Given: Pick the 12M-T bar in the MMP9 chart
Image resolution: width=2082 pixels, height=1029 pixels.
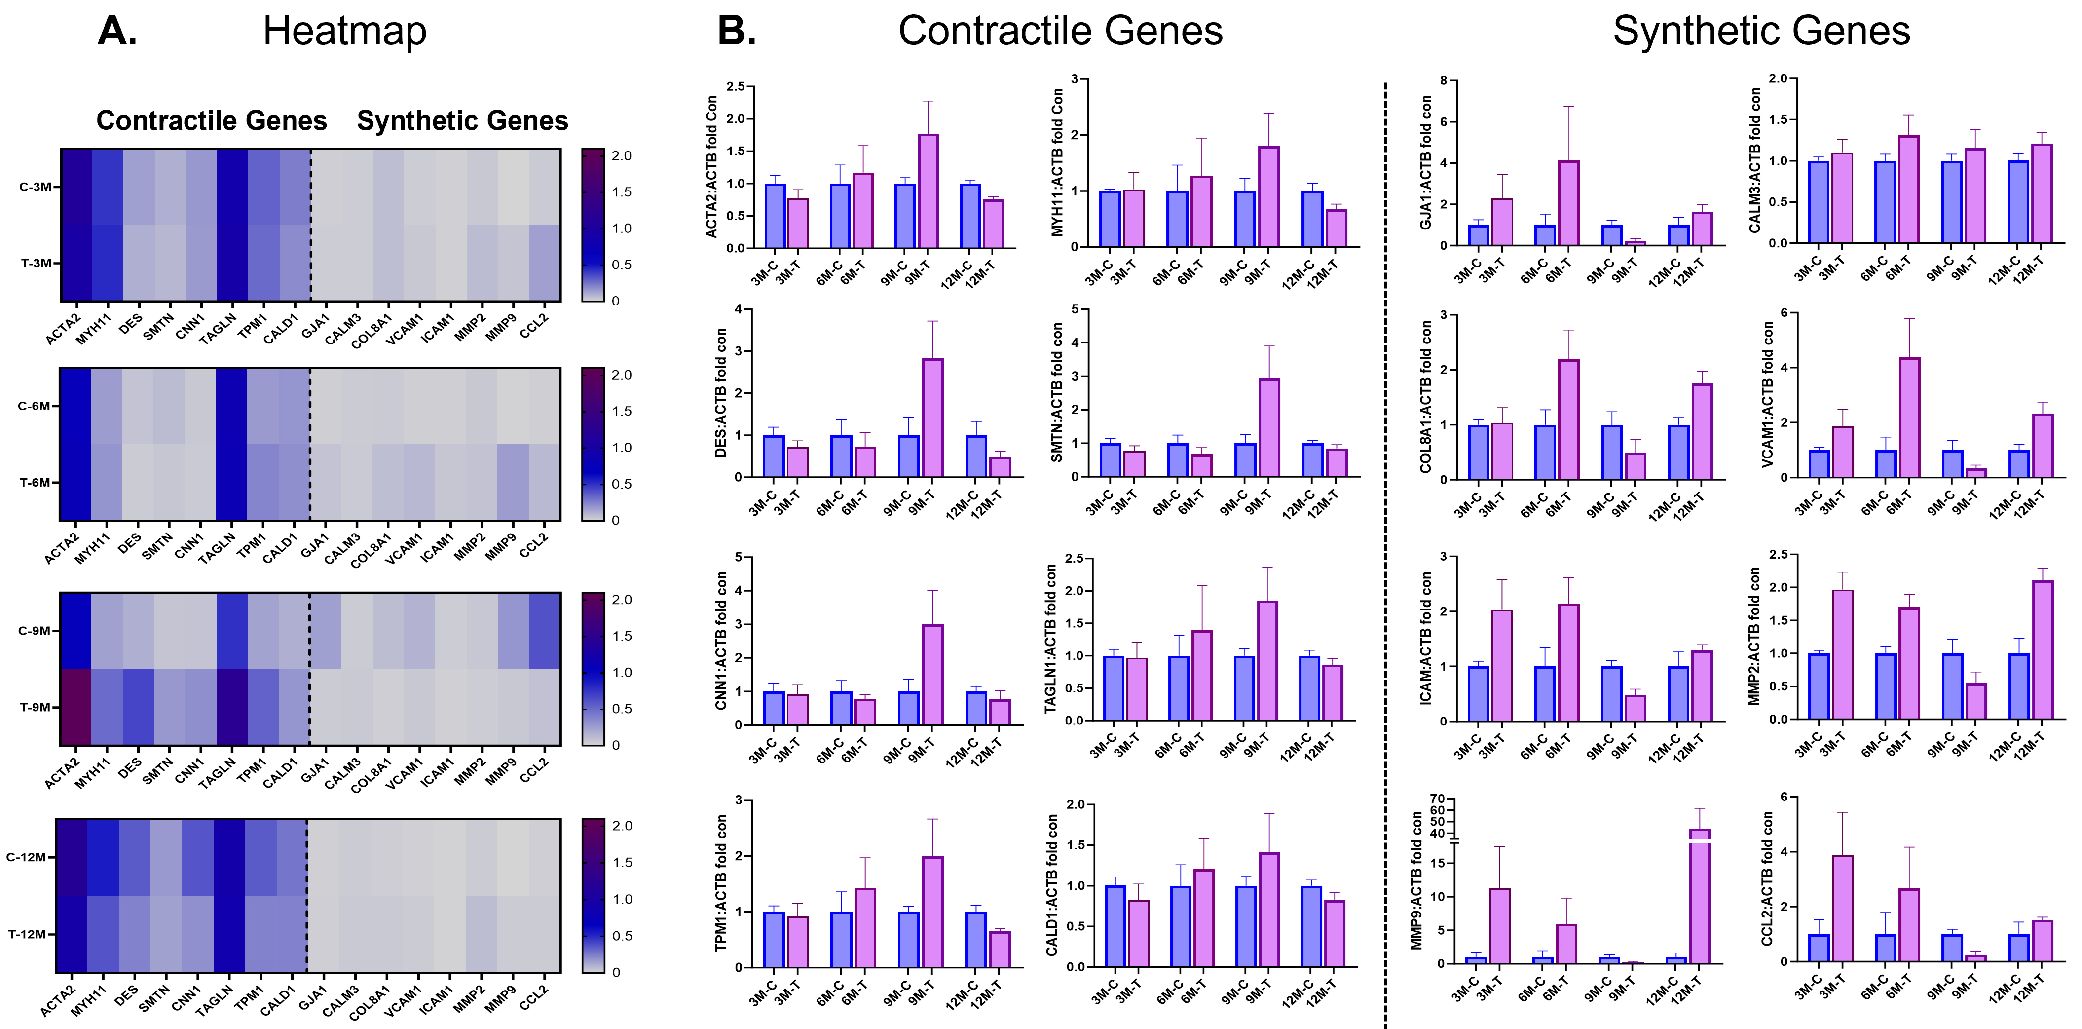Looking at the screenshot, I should click(x=1700, y=897).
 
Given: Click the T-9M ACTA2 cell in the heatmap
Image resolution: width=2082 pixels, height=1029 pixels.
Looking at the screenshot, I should click(x=75, y=707).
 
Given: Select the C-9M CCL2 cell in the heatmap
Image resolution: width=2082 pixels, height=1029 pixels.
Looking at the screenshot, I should click(x=544, y=631).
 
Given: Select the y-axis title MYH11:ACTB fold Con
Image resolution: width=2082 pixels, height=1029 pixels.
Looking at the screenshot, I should click(x=1056, y=162).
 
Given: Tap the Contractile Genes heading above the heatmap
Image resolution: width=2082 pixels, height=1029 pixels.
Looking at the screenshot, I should click(x=211, y=120).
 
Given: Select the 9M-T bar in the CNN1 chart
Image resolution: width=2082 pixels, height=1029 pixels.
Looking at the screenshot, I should click(x=932, y=675).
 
